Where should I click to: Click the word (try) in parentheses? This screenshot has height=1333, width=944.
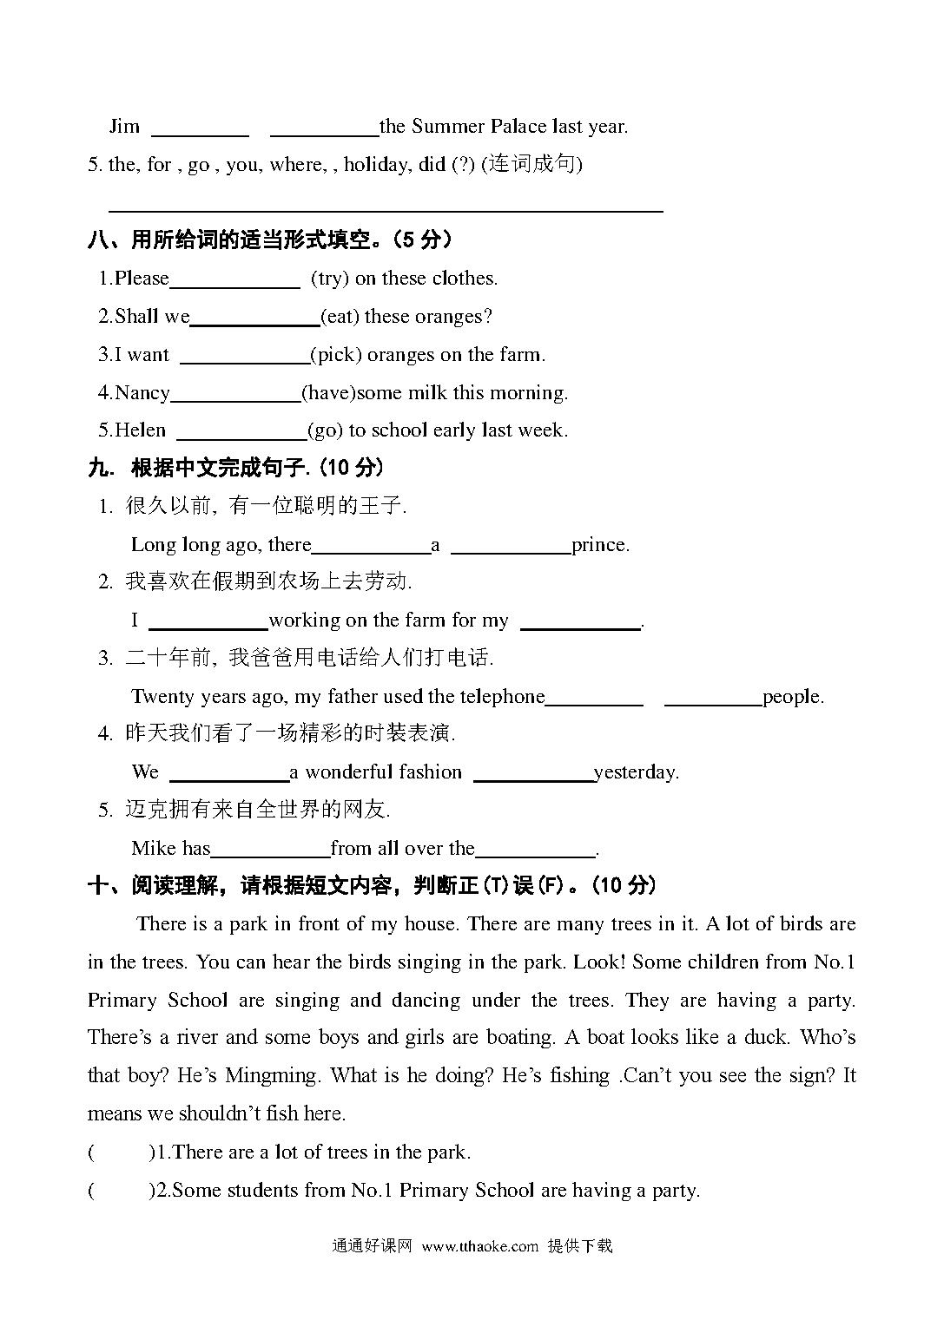(x=330, y=279)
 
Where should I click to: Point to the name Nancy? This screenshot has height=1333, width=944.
(x=142, y=393)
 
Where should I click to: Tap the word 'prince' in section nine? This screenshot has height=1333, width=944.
(x=599, y=545)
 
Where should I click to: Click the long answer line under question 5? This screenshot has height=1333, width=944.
(x=386, y=208)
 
